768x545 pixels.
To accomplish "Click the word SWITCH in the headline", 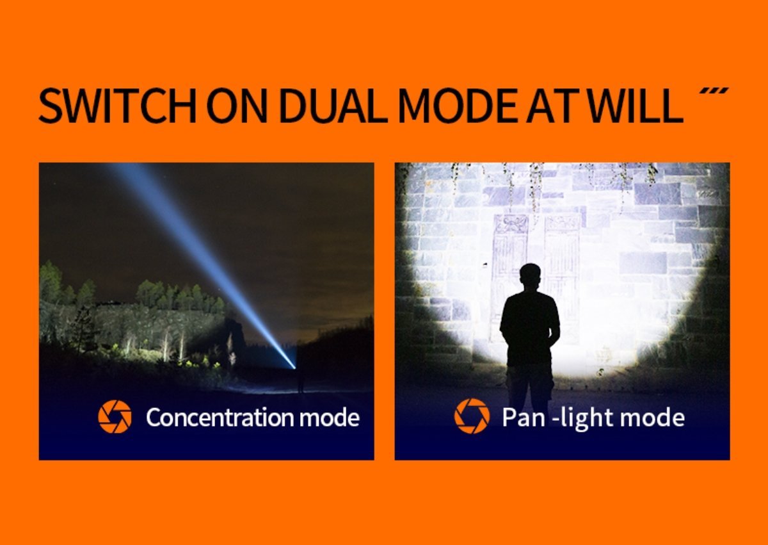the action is [117, 106].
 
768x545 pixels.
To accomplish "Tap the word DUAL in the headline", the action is [333, 106].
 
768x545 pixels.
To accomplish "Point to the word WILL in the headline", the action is [636, 106].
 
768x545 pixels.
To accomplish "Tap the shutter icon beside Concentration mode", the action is [115, 417].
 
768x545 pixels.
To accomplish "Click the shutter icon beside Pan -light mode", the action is [472, 416].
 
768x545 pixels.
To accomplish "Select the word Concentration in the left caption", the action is [220, 418].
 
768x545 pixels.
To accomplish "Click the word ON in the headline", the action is [237, 106].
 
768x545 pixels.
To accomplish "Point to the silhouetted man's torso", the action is [530, 329].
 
